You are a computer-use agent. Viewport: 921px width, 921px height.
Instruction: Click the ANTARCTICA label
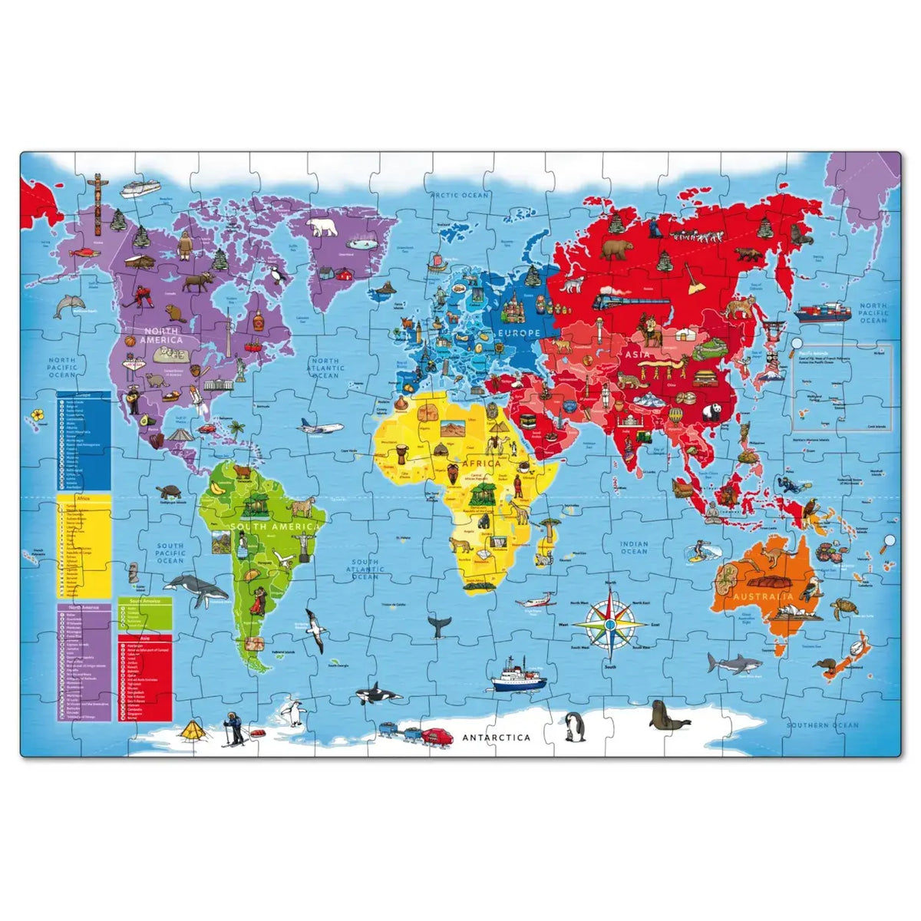tap(496, 738)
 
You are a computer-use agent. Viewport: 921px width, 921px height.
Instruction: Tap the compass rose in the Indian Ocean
tap(609, 624)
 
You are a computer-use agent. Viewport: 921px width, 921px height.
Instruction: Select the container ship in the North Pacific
tap(822, 312)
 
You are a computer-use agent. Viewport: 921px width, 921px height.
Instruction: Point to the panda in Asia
tap(713, 412)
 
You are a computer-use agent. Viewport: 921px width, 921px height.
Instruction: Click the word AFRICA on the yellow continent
tap(480, 464)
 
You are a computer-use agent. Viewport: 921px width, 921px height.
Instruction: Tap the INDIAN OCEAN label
tap(634, 547)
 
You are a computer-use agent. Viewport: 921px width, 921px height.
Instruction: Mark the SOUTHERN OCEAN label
tap(822, 725)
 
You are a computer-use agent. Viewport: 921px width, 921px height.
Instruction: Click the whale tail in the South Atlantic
tap(439, 626)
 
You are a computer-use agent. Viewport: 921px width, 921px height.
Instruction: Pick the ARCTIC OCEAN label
tap(459, 196)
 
